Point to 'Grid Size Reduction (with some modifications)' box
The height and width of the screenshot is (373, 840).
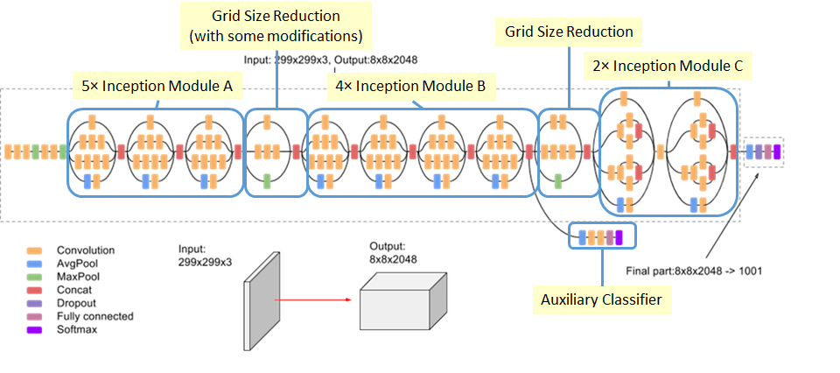pos(276,25)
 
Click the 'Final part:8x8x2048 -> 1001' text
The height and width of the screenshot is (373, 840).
pos(694,271)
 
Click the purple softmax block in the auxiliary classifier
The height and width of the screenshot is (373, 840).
pos(619,236)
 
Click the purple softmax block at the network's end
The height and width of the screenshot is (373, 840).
pos(776,151)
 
